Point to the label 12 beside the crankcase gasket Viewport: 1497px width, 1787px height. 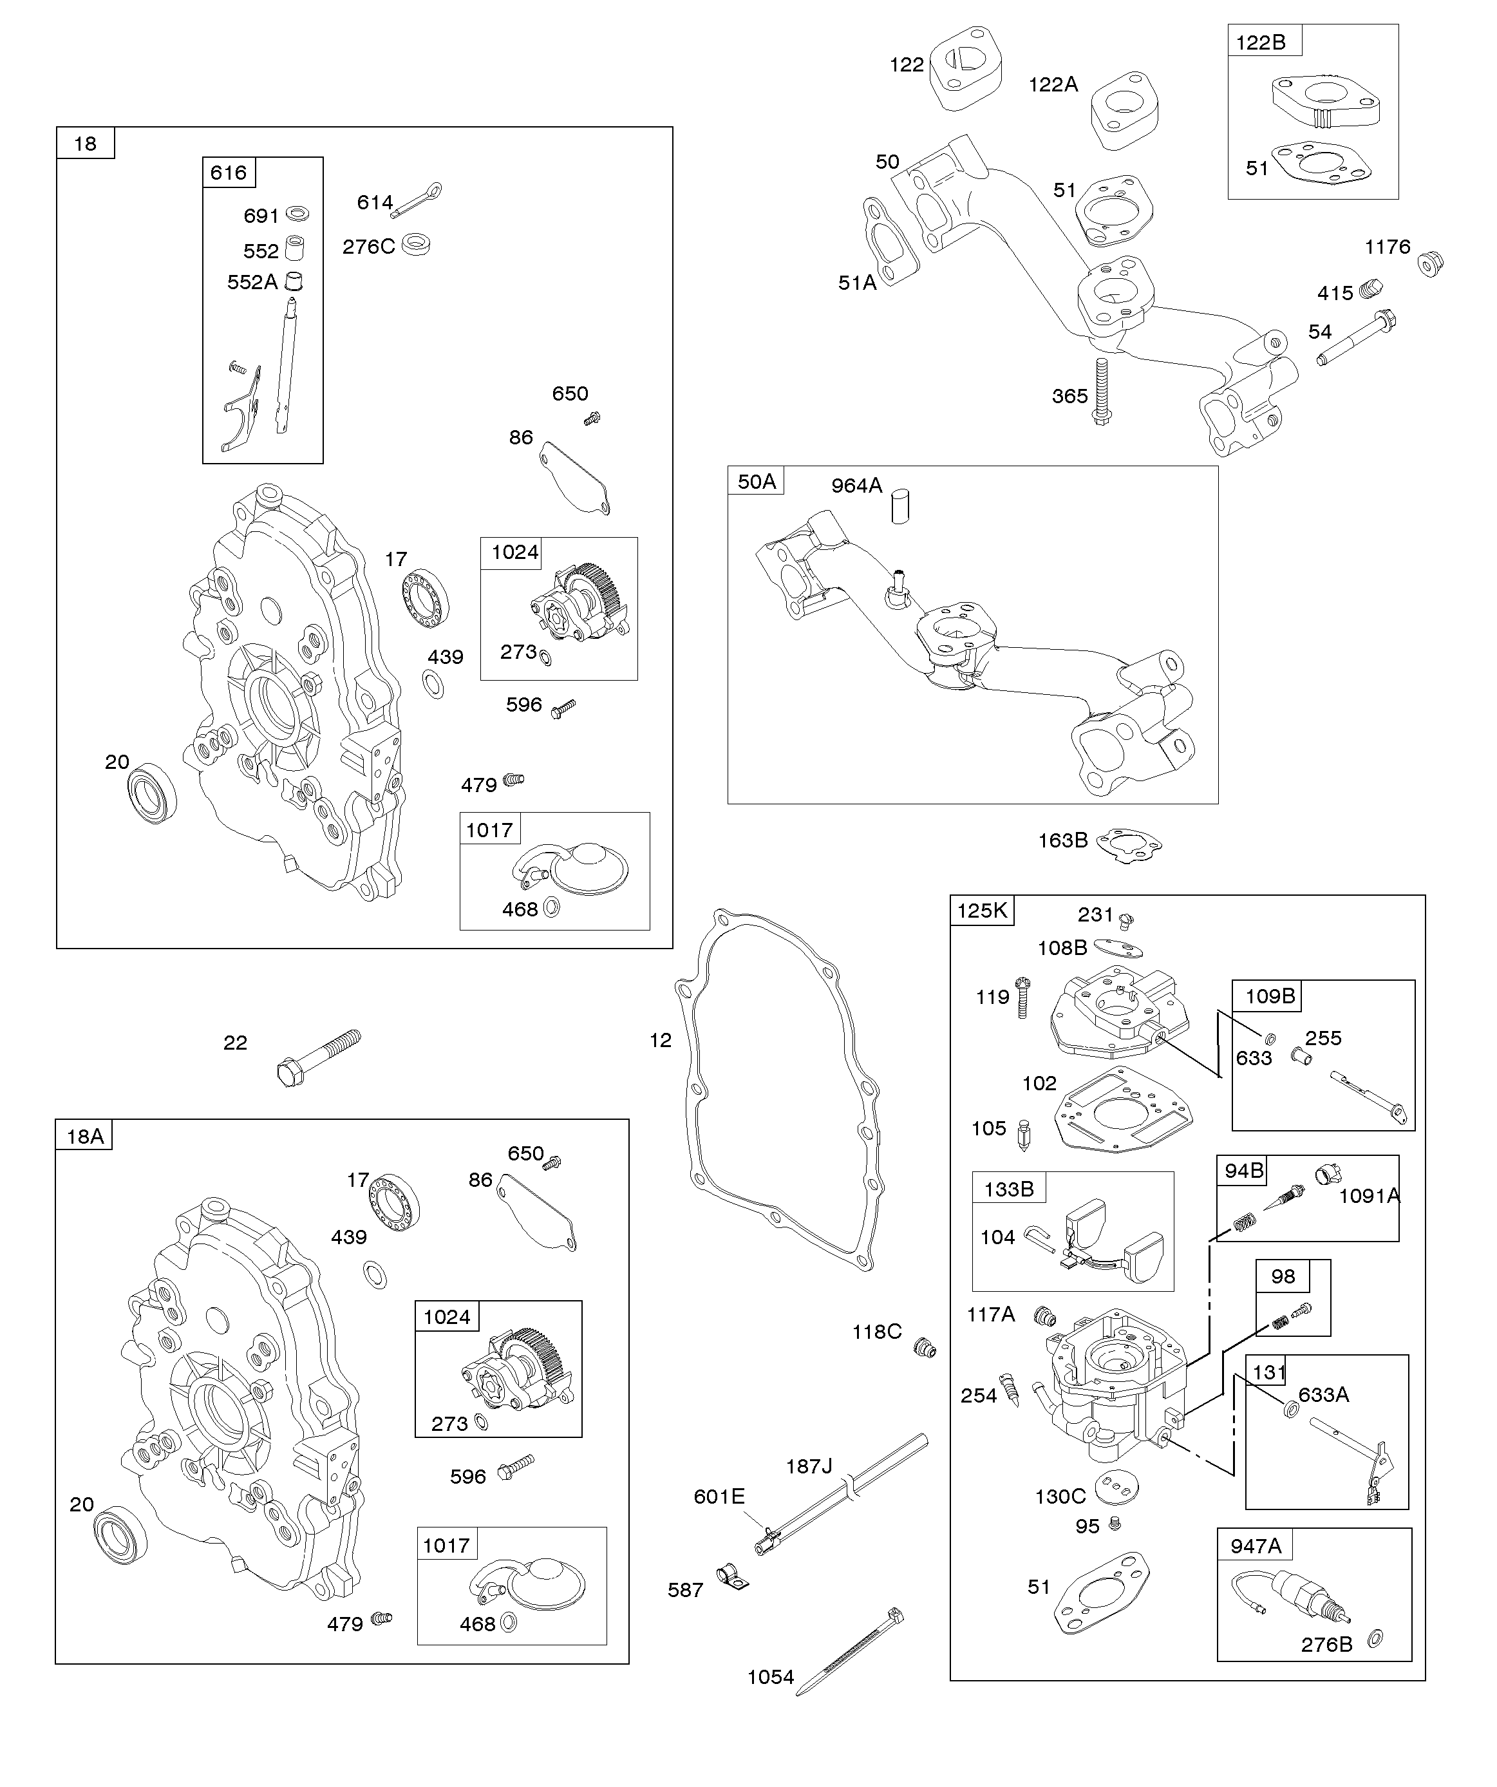pos(661,1040)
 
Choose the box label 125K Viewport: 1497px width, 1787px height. pos(981,911)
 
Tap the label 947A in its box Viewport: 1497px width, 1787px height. pos(1256,1546)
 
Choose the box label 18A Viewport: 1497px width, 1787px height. pos(85,1136)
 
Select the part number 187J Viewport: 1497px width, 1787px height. pos(809,1466)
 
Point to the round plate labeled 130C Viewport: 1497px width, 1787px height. pos(1116,1486)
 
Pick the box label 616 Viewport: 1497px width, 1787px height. pos(228,173)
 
